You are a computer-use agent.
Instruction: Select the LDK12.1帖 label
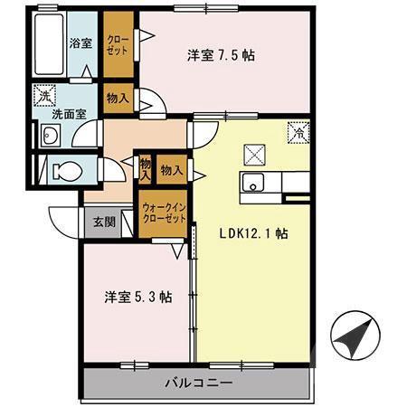(x=253, y=232)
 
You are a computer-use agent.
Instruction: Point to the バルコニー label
(x=199, y=383)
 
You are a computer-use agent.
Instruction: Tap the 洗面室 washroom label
(x=68, y=115)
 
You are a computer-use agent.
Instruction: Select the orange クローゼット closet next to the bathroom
(x=118, y=44)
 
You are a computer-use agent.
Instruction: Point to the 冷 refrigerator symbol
(x=298, y=133)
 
